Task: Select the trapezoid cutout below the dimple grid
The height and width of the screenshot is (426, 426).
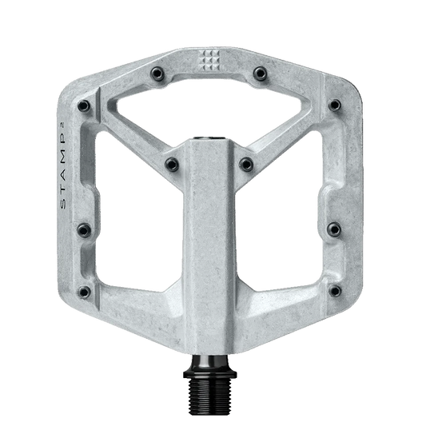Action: [x=212, y=108]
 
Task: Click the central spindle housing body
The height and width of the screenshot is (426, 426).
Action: [x=213, y=240]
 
